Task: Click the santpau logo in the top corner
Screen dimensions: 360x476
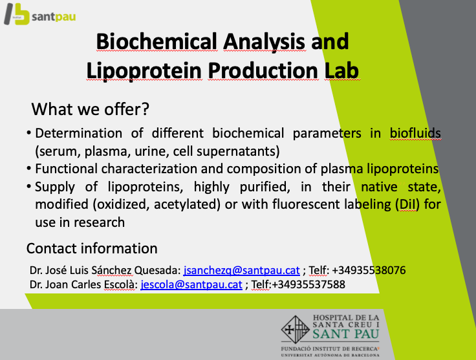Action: coord(40,16)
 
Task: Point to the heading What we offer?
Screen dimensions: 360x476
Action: coord(91,109)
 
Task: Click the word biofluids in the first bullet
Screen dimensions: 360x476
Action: coord(415,134)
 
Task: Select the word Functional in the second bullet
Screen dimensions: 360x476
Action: coord(66,169)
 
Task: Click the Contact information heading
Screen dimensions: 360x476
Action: coord(92,248)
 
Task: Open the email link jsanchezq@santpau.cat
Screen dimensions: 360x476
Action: coord(241,270)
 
